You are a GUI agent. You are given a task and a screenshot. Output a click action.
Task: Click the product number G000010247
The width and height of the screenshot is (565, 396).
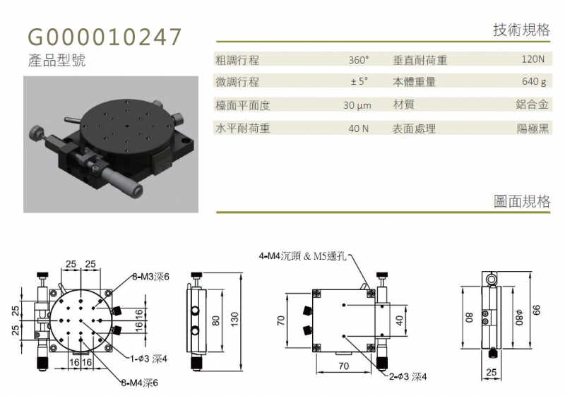click(x=105, y=37)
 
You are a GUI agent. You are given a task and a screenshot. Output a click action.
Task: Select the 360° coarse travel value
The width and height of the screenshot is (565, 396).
click(x=359, y=60)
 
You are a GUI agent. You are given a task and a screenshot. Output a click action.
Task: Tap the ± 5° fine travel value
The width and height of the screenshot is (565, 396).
click(x=359, y=81)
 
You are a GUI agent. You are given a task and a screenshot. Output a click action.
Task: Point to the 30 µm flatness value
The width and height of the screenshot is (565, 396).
click(x=357, y=105)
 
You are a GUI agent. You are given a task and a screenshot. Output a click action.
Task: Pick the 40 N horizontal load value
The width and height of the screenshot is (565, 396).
click(x=359, y=128)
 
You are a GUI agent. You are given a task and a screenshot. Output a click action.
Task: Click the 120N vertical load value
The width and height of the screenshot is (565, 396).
click(x=533, y=59)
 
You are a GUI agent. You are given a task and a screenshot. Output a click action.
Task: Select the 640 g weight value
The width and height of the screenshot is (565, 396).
click(x=534, y=82)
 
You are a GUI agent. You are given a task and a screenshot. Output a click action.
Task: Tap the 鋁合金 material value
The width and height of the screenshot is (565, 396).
click(x=532, y=104)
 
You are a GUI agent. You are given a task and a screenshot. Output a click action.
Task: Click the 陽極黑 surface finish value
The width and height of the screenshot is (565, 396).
click(x=533, y=128)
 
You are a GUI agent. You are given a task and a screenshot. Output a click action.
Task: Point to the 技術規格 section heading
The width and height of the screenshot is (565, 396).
click(x=521, y=30)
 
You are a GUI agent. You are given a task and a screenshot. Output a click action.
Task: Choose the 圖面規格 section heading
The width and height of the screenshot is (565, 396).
click(x=522, y=201)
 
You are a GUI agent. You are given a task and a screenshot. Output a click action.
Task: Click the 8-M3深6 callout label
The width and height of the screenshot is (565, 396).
click(x=150, y=277)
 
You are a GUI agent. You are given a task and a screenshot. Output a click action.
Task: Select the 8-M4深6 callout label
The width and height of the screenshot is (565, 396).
click(x=139, y=383)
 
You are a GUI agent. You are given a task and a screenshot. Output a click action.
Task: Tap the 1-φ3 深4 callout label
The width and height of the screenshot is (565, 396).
click(x=148, y=359)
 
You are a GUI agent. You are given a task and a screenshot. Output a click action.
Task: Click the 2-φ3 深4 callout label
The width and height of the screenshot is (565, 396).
click(x=408, y=376)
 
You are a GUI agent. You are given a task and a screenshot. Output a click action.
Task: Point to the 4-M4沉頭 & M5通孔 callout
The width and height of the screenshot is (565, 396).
click(x=303, y=256)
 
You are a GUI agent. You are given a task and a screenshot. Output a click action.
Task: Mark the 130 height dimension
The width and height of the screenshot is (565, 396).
click(x=234, y=320)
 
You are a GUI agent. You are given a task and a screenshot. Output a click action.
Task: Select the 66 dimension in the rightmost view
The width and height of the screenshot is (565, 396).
click(x=537, y=310)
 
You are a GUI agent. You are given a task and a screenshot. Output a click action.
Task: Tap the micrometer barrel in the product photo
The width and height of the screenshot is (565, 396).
click(x=121, y=181)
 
